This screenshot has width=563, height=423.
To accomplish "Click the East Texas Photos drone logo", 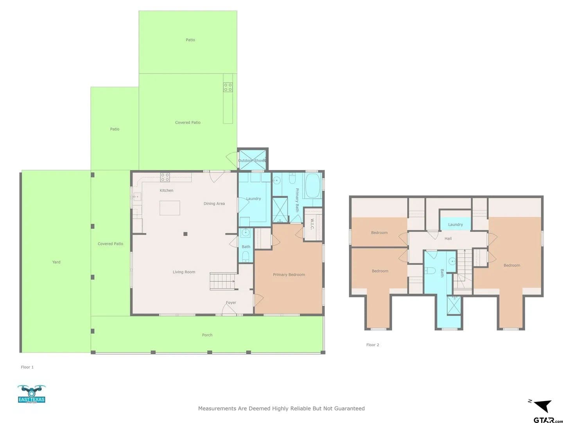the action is pyautogui.click(x=32, y=394).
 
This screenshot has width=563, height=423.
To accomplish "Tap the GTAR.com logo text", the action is pyautogui.click(x=548, y=419).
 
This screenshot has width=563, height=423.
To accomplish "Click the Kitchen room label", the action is pyautogui.click(x=167, y=190).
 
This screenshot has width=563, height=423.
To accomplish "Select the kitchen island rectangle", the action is pyautogui.click(x=170, y=208).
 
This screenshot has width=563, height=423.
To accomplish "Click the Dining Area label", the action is pyautogui.click(x=214, y=204).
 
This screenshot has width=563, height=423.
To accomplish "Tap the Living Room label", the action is pyautogui.click(x=184, y=272).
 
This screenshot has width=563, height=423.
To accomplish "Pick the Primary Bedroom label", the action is pyautogui.click(x=289, y=275).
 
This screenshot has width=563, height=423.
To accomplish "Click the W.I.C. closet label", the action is pyautogui.click(x=312, y=224).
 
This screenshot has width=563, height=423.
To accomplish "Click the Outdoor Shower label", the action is pyautogui.click(x=252, y=161).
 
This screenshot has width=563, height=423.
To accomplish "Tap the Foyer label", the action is pyautogui.click(x=231, y=302).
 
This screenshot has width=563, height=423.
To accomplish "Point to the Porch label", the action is pyautogui.click(x=207, y=335).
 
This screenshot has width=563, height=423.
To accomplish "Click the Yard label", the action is pyautogui.click(x=56, y=262).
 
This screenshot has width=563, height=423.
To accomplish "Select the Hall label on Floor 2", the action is pyautogui.click(x=448, y=239).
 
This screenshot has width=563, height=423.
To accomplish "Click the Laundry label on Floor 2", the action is pyautogui.click(x=455, y=224).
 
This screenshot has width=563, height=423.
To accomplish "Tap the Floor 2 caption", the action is pyautogui.click(x=373, y=345).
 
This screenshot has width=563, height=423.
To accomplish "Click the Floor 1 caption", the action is pyautogui.click(x=27, y=367).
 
